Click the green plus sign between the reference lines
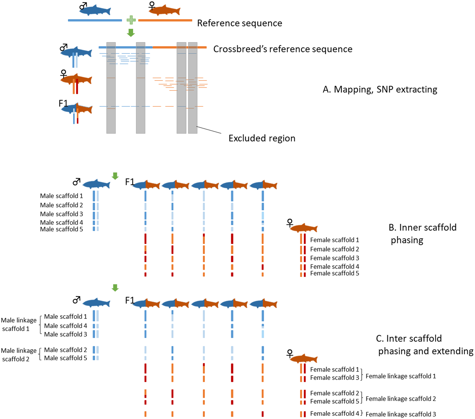(131, 20)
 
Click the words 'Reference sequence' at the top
(240, 23)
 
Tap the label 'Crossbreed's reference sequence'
(283, 49)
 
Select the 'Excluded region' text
(262, 138)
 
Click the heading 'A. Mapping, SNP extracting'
(380, 89)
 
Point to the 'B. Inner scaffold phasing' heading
(422, 233)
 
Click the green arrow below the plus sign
(131, 33)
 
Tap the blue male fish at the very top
(95, 10)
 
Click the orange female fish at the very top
(164, 10)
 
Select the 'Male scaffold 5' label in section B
(61, 229)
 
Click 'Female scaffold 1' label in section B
(335, 240)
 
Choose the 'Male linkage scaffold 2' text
(19, 355)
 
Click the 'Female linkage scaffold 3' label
(401, 414)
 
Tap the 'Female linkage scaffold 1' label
(401, 376)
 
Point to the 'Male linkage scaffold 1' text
(19, 324)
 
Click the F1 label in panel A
(63, 103)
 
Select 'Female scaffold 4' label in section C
(335, 414)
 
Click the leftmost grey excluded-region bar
(111, 88)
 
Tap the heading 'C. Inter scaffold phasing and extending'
(425, 345)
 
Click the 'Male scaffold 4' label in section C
(65, 326)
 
